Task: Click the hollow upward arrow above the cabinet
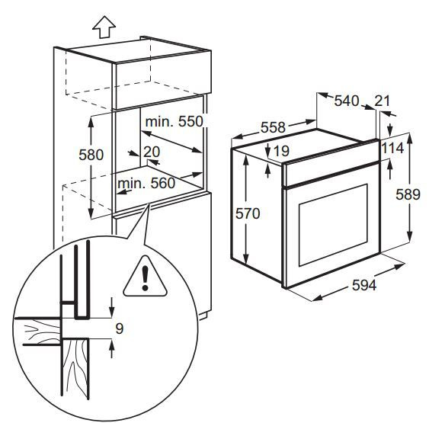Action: click(104, 27)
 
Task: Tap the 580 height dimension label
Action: click(91, 155)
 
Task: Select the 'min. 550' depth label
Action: click(174, 121)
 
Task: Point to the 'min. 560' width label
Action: click(146, 183)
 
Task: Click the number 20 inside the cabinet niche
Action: click(152, 152)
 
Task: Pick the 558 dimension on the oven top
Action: click(273, 127)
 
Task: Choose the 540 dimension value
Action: click(347, 101)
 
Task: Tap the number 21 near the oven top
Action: click(382, 101)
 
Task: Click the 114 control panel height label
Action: click(392, 149)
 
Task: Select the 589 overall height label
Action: click(408, 195)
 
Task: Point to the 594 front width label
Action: click(364, 285)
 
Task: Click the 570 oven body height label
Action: click(248, 213)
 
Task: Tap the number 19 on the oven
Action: click(281, 151)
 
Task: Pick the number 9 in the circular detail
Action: click(120, 328)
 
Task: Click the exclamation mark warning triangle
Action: click(145, 277)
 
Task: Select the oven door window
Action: click(333, 225)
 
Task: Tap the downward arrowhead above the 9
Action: click(111, 312)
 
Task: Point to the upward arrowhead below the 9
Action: click(111, 344)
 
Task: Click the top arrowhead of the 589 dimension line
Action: click(409, 139)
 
